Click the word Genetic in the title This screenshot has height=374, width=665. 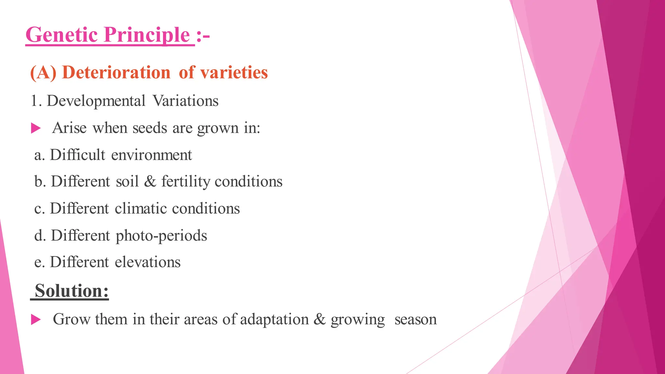coord(61,35)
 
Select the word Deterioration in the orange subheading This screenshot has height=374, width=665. coord(116,72)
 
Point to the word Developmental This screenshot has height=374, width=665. coord(96,101)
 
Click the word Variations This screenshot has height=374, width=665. coord(185,101)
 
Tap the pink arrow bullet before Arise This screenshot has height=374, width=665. coord(36,128)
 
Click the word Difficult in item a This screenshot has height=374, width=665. coord(78,155)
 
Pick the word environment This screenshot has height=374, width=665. coord(151,155)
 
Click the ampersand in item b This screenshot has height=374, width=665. coord(150,181)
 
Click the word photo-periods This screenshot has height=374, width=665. coord(161,236)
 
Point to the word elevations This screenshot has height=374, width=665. coord(147,262)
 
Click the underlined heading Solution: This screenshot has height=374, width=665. coord(71,291)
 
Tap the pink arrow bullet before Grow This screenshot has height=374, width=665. coord(36,319)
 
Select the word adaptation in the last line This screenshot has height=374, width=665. coord(274,319)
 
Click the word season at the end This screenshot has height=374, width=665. coord(415,319)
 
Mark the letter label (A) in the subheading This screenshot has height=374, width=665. coord(43,72)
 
